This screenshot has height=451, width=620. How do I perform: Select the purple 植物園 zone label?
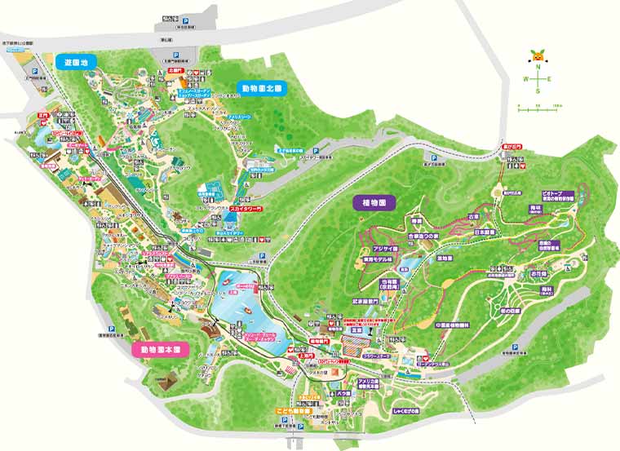[374, 201]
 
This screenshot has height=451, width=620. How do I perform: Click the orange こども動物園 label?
[290, 413]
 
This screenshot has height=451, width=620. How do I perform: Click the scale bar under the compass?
[539, 107]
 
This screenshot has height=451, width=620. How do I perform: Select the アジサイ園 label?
[384, 247]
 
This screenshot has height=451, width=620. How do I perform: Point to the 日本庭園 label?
[485, 231]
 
